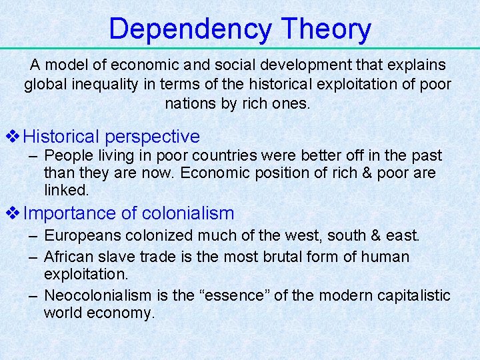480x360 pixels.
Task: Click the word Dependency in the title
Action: (x=191, y=29)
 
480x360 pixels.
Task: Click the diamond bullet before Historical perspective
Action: (x=13, y=137)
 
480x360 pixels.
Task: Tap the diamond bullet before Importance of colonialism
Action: (x=13, y=213)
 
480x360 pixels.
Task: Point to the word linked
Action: (x=66, y=190)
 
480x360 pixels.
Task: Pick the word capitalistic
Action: (x=412, y=295)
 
